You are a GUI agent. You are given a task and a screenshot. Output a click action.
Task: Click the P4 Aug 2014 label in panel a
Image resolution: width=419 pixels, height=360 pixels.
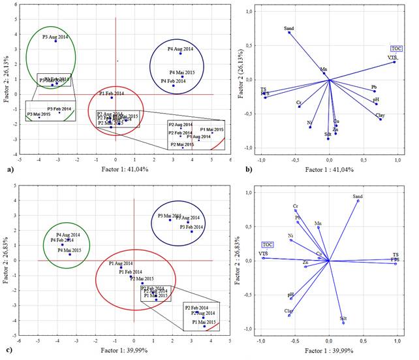pos(179,49)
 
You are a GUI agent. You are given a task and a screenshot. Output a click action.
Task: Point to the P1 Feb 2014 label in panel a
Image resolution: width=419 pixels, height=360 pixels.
pos(110,93)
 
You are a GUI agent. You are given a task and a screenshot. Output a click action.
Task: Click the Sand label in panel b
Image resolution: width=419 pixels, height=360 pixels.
pos(290,28)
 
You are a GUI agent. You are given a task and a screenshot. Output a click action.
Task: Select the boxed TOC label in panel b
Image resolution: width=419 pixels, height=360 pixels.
pos(396,48)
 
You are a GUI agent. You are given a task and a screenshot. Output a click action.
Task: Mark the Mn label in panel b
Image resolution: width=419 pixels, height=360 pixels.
pos(324,69)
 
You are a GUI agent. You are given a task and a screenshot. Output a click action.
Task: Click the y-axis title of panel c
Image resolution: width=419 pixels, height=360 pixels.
pos(6,261)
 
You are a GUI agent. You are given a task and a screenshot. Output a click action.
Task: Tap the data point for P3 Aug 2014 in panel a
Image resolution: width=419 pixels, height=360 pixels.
pos(55,41)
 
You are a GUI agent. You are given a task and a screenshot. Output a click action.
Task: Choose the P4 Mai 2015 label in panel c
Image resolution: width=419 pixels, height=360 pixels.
pos(69,250)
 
